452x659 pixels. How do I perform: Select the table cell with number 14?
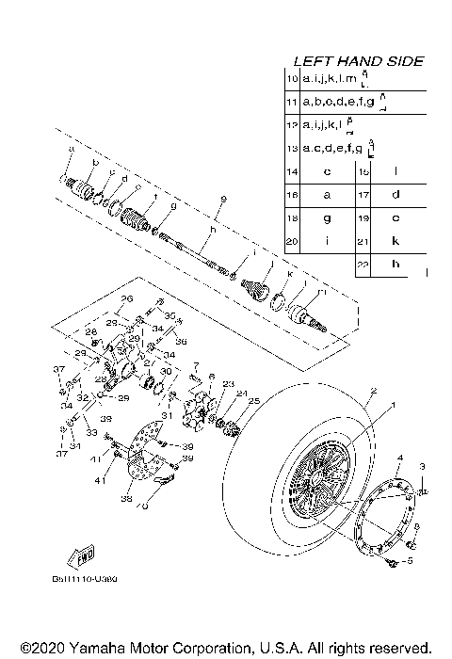pos(291,172)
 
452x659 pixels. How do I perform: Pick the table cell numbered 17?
pos(363,195)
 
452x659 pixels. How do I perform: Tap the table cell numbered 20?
pos(291,242)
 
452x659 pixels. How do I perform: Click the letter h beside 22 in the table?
pos(395,265)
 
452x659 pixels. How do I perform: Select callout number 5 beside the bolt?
pos(409,560)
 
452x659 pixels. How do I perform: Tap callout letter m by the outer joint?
pos(321,294)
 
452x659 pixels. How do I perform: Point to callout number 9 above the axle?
pos(223,198)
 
